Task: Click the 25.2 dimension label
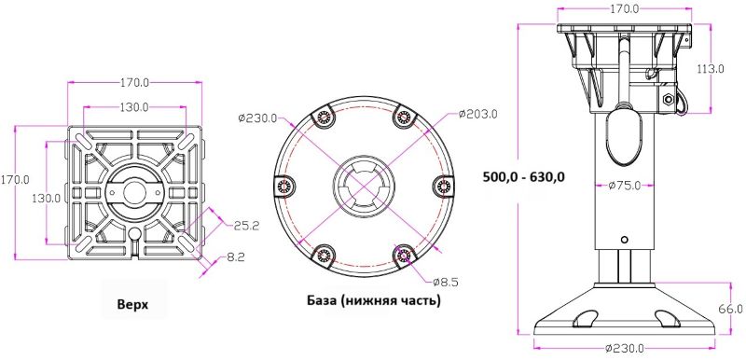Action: pos(246,225)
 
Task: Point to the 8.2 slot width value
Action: pos(236,257)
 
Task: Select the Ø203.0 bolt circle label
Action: pos(478,114)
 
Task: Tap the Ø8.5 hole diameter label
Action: pos(446,282)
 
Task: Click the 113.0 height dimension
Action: pos(711,69)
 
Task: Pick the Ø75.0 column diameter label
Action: pos(624,186)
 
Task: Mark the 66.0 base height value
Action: pos(732,309)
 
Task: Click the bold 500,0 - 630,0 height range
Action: pos(524,177)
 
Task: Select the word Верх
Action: pos(132,304)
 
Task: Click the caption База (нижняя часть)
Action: pos(374,300)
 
